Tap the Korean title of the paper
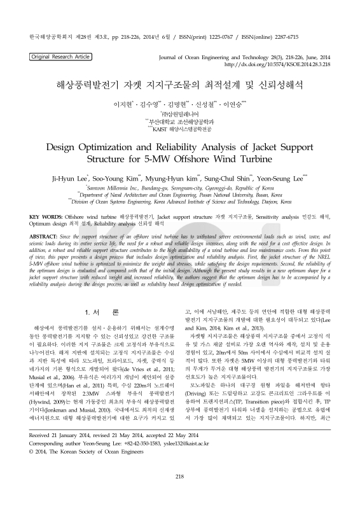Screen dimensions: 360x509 (179, 83)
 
